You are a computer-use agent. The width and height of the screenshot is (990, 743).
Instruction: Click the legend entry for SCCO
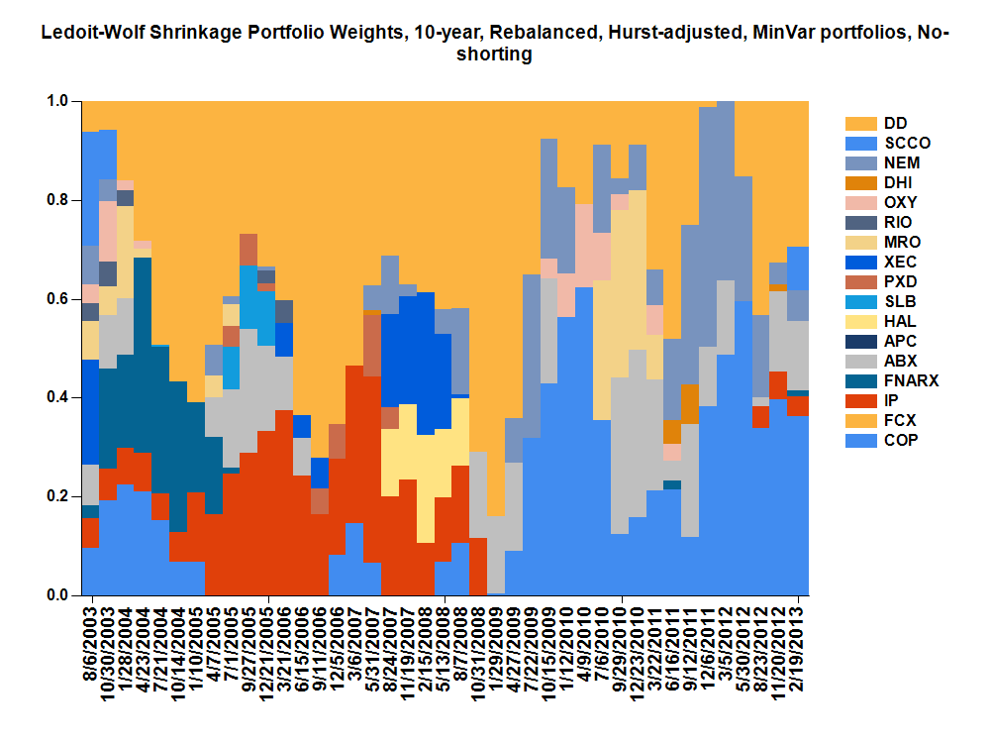(907, 143)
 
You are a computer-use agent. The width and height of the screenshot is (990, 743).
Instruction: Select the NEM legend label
(902, 162)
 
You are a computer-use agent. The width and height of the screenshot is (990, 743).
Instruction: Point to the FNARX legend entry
(910, 380)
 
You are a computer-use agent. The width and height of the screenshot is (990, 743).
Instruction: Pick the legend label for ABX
(901, 361)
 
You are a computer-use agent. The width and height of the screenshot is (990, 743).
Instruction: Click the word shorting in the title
(494, 55)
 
